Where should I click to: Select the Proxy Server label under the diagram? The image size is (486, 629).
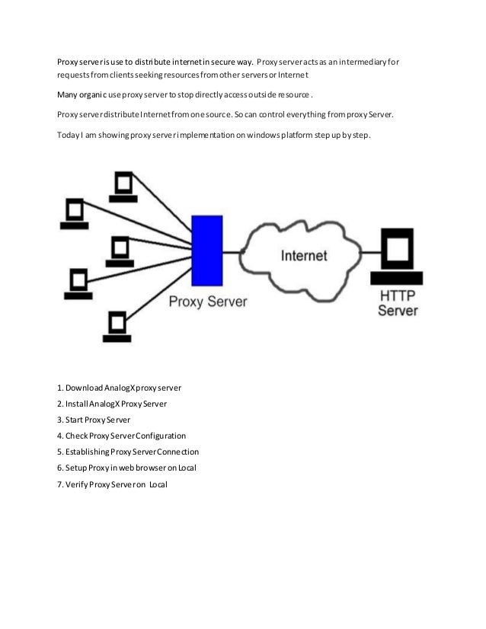coord(208,301)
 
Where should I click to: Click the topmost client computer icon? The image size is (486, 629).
coord(123,185)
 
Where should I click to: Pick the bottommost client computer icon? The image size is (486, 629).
coord(118,322)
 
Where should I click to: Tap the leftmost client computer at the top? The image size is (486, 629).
coord(75,212)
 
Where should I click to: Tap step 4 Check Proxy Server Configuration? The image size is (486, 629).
coord(122,436)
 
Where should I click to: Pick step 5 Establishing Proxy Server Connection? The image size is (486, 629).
coord(128,452)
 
